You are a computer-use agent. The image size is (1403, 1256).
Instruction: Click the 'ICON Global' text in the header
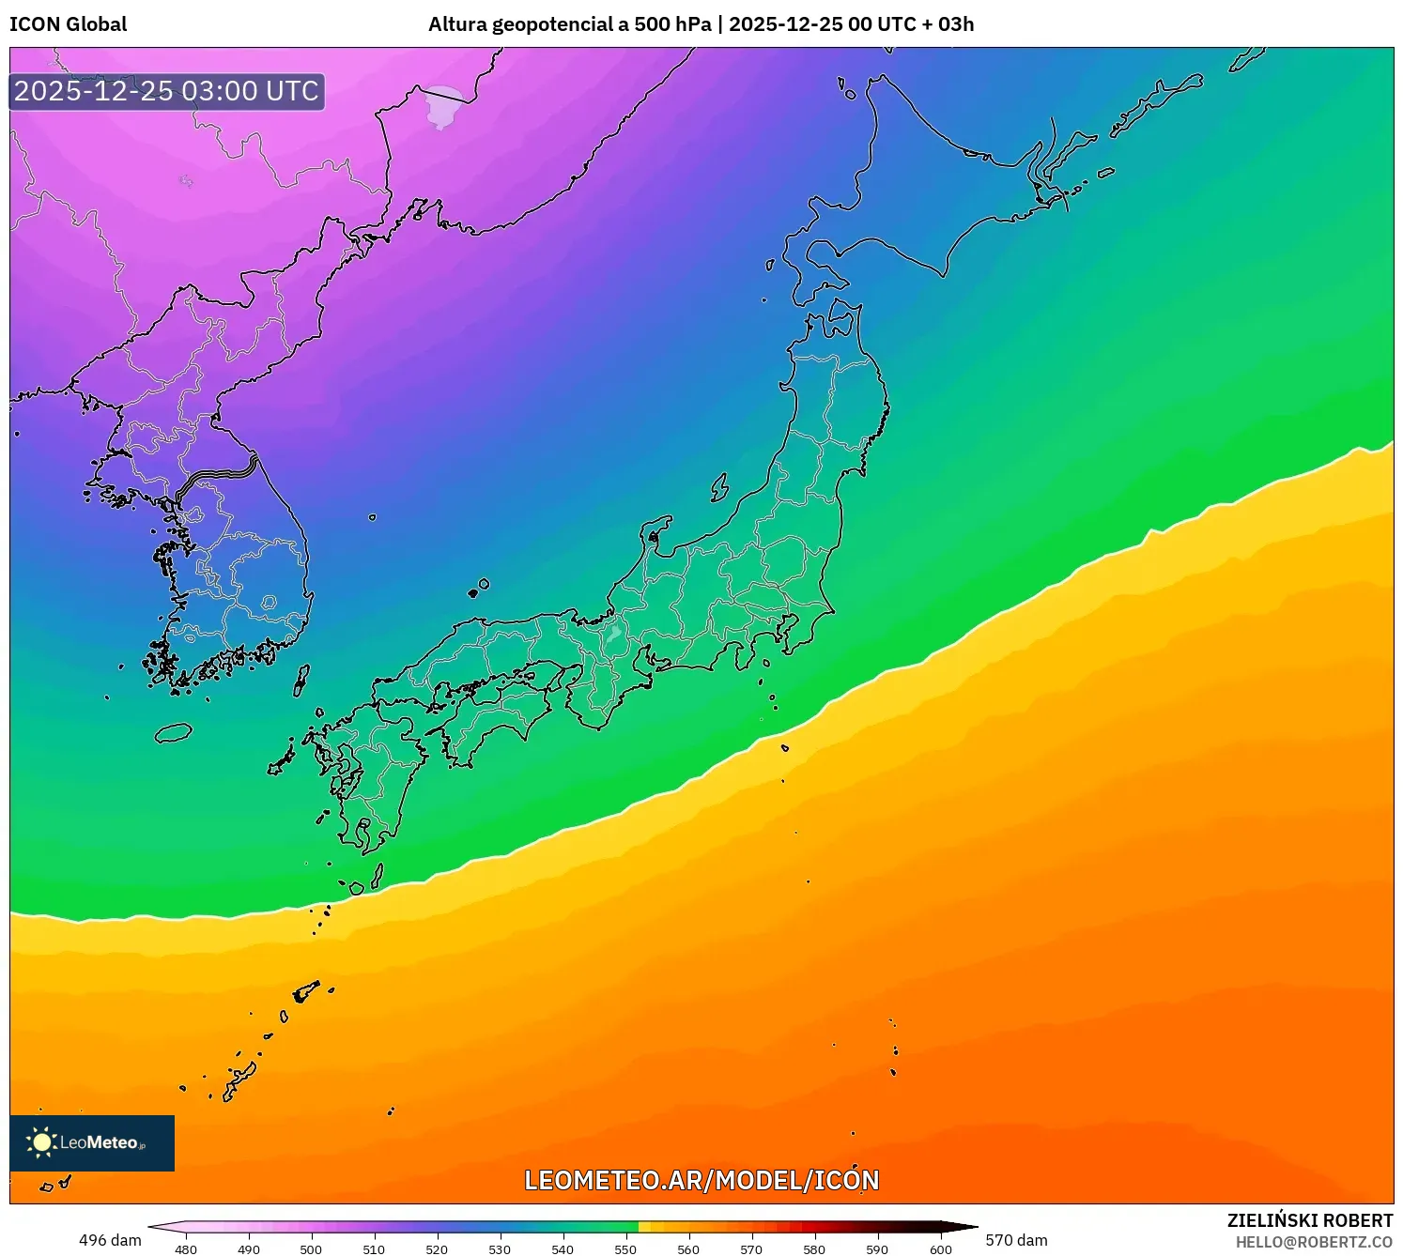click(68, 24)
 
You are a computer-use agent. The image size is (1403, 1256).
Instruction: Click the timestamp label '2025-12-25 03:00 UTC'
click(166, 91)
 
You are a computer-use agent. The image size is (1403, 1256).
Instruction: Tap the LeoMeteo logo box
click(92, 1142)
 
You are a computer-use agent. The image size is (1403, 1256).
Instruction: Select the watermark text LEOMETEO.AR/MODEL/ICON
click(701, 1180)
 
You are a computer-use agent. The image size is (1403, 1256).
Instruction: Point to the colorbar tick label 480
click(186, 1249)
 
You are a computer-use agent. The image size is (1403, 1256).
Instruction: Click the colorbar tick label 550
click(625, 1249)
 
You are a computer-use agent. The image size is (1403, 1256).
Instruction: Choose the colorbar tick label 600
click(941, 1249)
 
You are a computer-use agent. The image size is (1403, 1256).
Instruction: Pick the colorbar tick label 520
click(437, 1249)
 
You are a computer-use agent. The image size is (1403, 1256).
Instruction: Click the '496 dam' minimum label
click(110, 1240)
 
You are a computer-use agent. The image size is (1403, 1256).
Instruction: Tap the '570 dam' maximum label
click(1016, 1240)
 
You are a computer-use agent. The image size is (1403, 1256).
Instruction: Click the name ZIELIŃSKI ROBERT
click(1310, 1220)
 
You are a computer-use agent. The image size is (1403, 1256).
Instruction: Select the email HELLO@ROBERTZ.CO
click(1314, 1242)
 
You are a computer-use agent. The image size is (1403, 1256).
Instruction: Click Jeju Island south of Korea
click(173, 732)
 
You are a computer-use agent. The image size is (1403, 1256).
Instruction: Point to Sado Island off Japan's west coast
click(719, 487)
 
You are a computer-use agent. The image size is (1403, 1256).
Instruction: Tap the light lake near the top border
click(442, 106)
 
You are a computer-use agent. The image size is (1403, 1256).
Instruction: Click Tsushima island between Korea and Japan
click(301, 680)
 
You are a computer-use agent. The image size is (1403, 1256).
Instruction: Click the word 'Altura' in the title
click(457, 24)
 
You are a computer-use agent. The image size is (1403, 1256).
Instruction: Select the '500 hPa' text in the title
click(672, 24)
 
